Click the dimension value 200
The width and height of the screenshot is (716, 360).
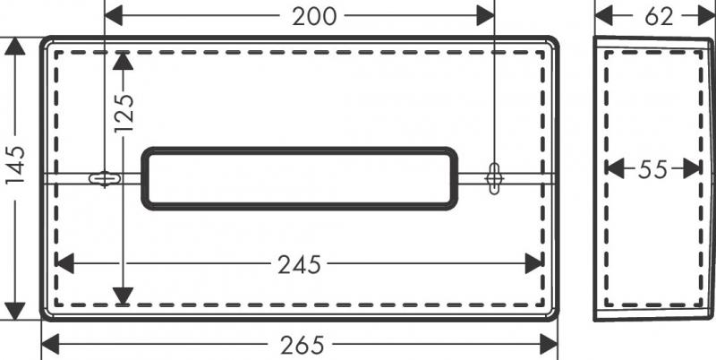314,17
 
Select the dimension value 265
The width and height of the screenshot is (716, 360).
303,345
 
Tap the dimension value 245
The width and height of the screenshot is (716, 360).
300,264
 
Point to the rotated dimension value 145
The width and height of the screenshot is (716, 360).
15,165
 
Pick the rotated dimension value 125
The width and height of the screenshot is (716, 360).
124,114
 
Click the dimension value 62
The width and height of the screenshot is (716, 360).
659,17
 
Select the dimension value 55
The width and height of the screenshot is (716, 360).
652,169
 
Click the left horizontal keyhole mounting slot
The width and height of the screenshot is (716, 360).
105,178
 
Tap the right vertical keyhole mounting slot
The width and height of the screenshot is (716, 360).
494,178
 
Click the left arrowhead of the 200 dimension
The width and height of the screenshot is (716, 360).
114,16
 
